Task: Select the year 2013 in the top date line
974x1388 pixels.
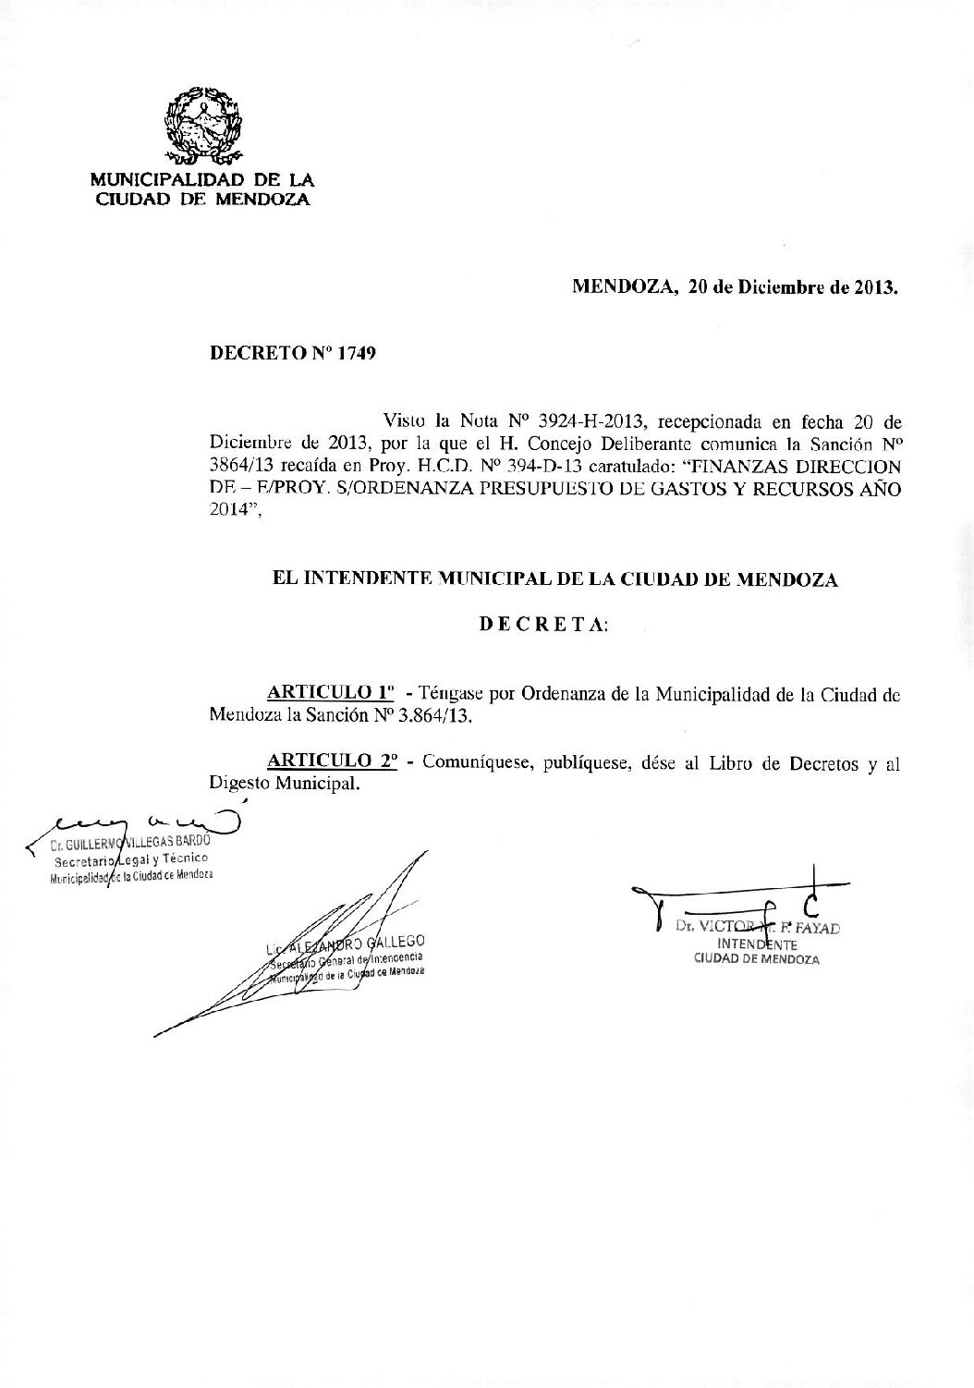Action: [874, 286]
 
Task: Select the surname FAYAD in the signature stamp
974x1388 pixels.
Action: [816, 928]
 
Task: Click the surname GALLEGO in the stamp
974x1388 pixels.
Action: [393, 942]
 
